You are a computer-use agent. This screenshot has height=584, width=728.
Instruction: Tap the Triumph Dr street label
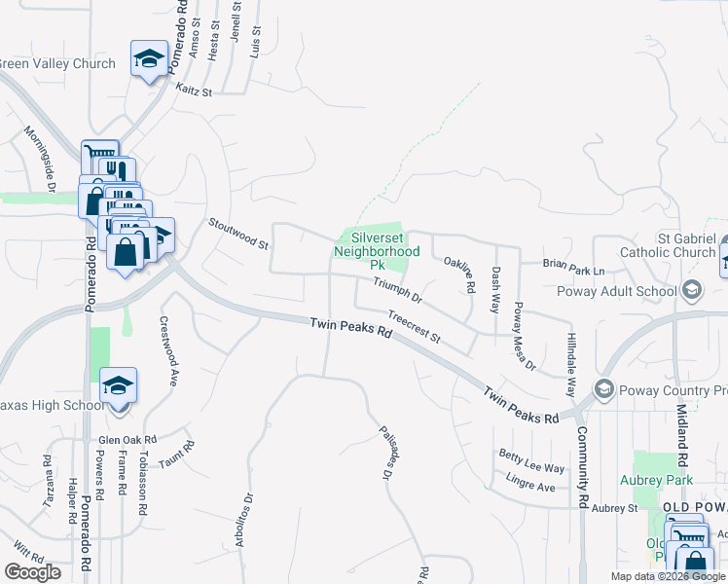(397, 289)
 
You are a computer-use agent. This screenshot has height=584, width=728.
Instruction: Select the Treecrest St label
(415, 327)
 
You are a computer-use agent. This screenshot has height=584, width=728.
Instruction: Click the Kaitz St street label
(194, 91)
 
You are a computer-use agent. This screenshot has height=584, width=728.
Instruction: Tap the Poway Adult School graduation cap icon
(691, 291)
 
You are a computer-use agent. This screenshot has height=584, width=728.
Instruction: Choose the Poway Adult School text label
(631, 291)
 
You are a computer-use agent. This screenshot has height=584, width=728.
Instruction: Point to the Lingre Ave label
(530, 482)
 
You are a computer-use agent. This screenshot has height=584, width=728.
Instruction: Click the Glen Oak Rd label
(127, 440)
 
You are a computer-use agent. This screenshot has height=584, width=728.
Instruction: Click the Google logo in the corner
(32, 572)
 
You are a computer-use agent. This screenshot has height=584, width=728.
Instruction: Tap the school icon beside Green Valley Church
(150, 59)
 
